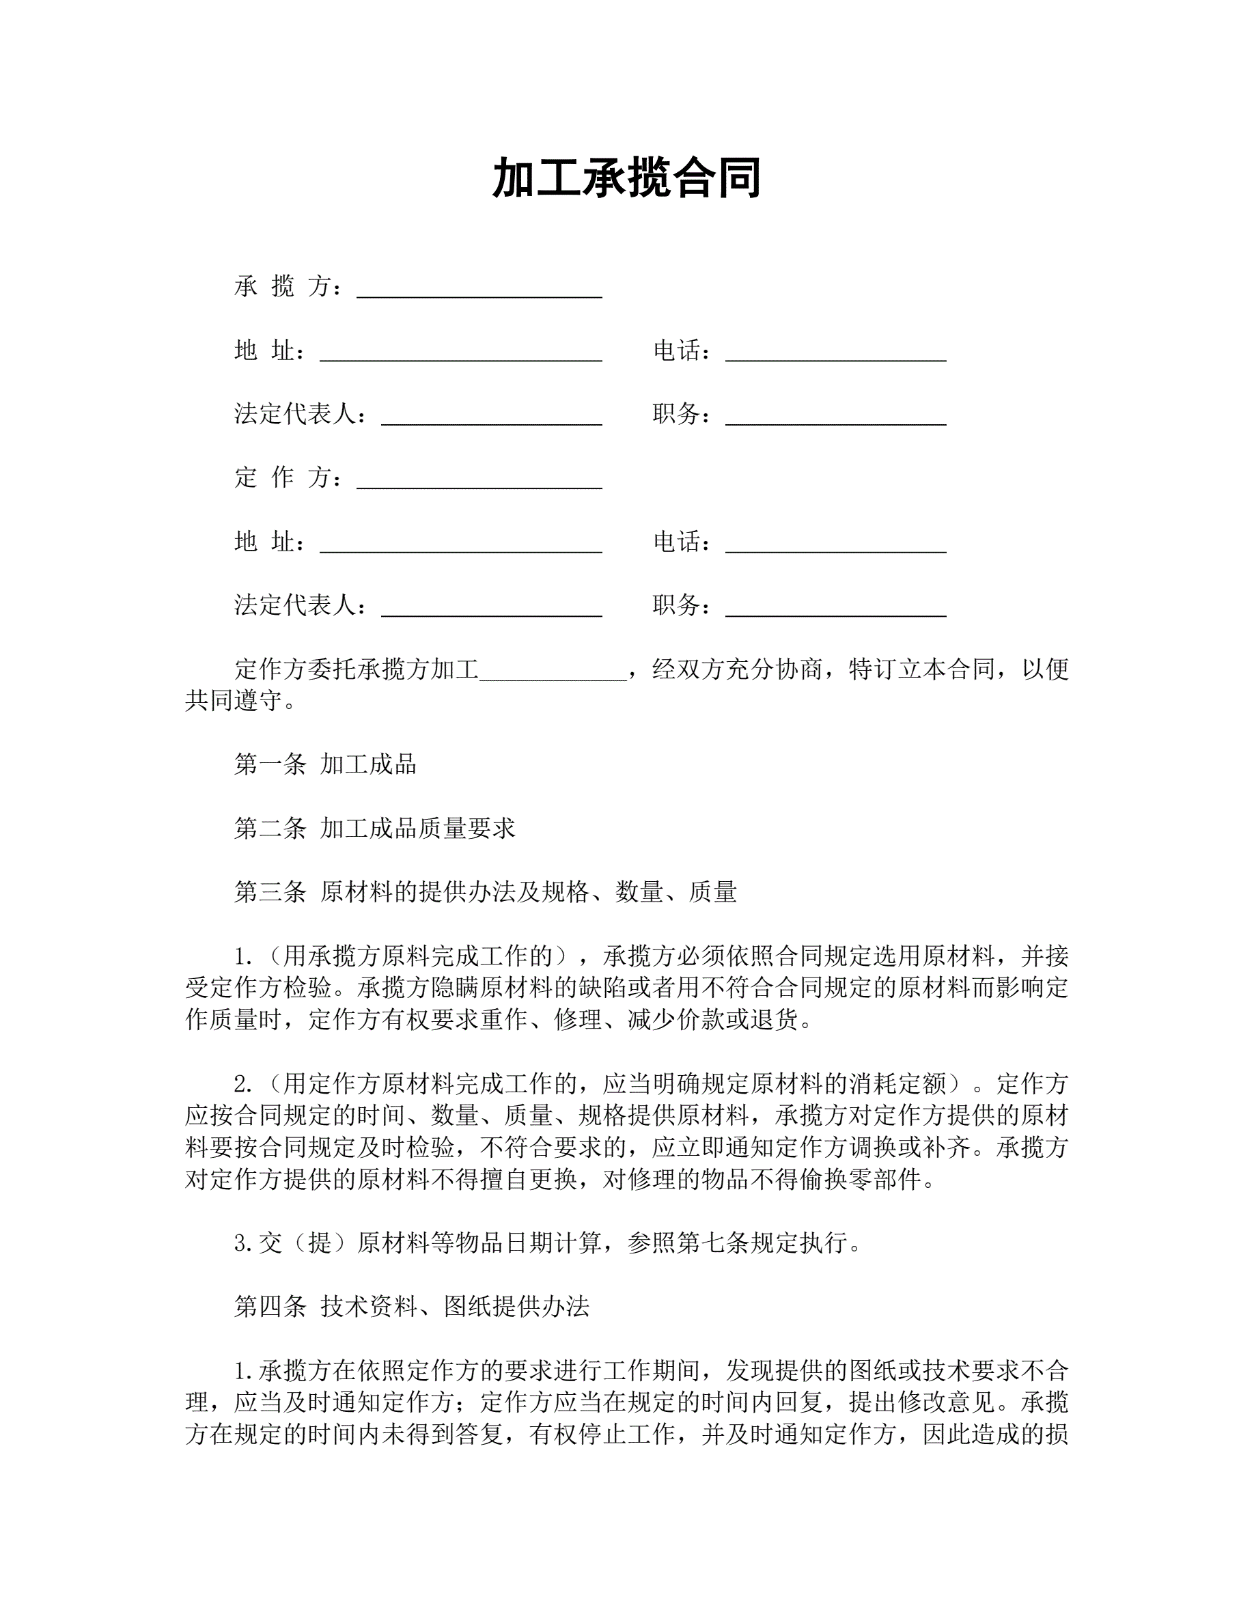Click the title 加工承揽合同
tap(626, 179)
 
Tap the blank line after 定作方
tap(479, 484)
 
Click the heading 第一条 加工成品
tap(324, 764)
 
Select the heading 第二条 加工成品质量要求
tap(374, 828)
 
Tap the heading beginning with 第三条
tap(485, 891)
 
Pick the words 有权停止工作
tap(602, 1434)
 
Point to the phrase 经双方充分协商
tap(738, 669)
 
